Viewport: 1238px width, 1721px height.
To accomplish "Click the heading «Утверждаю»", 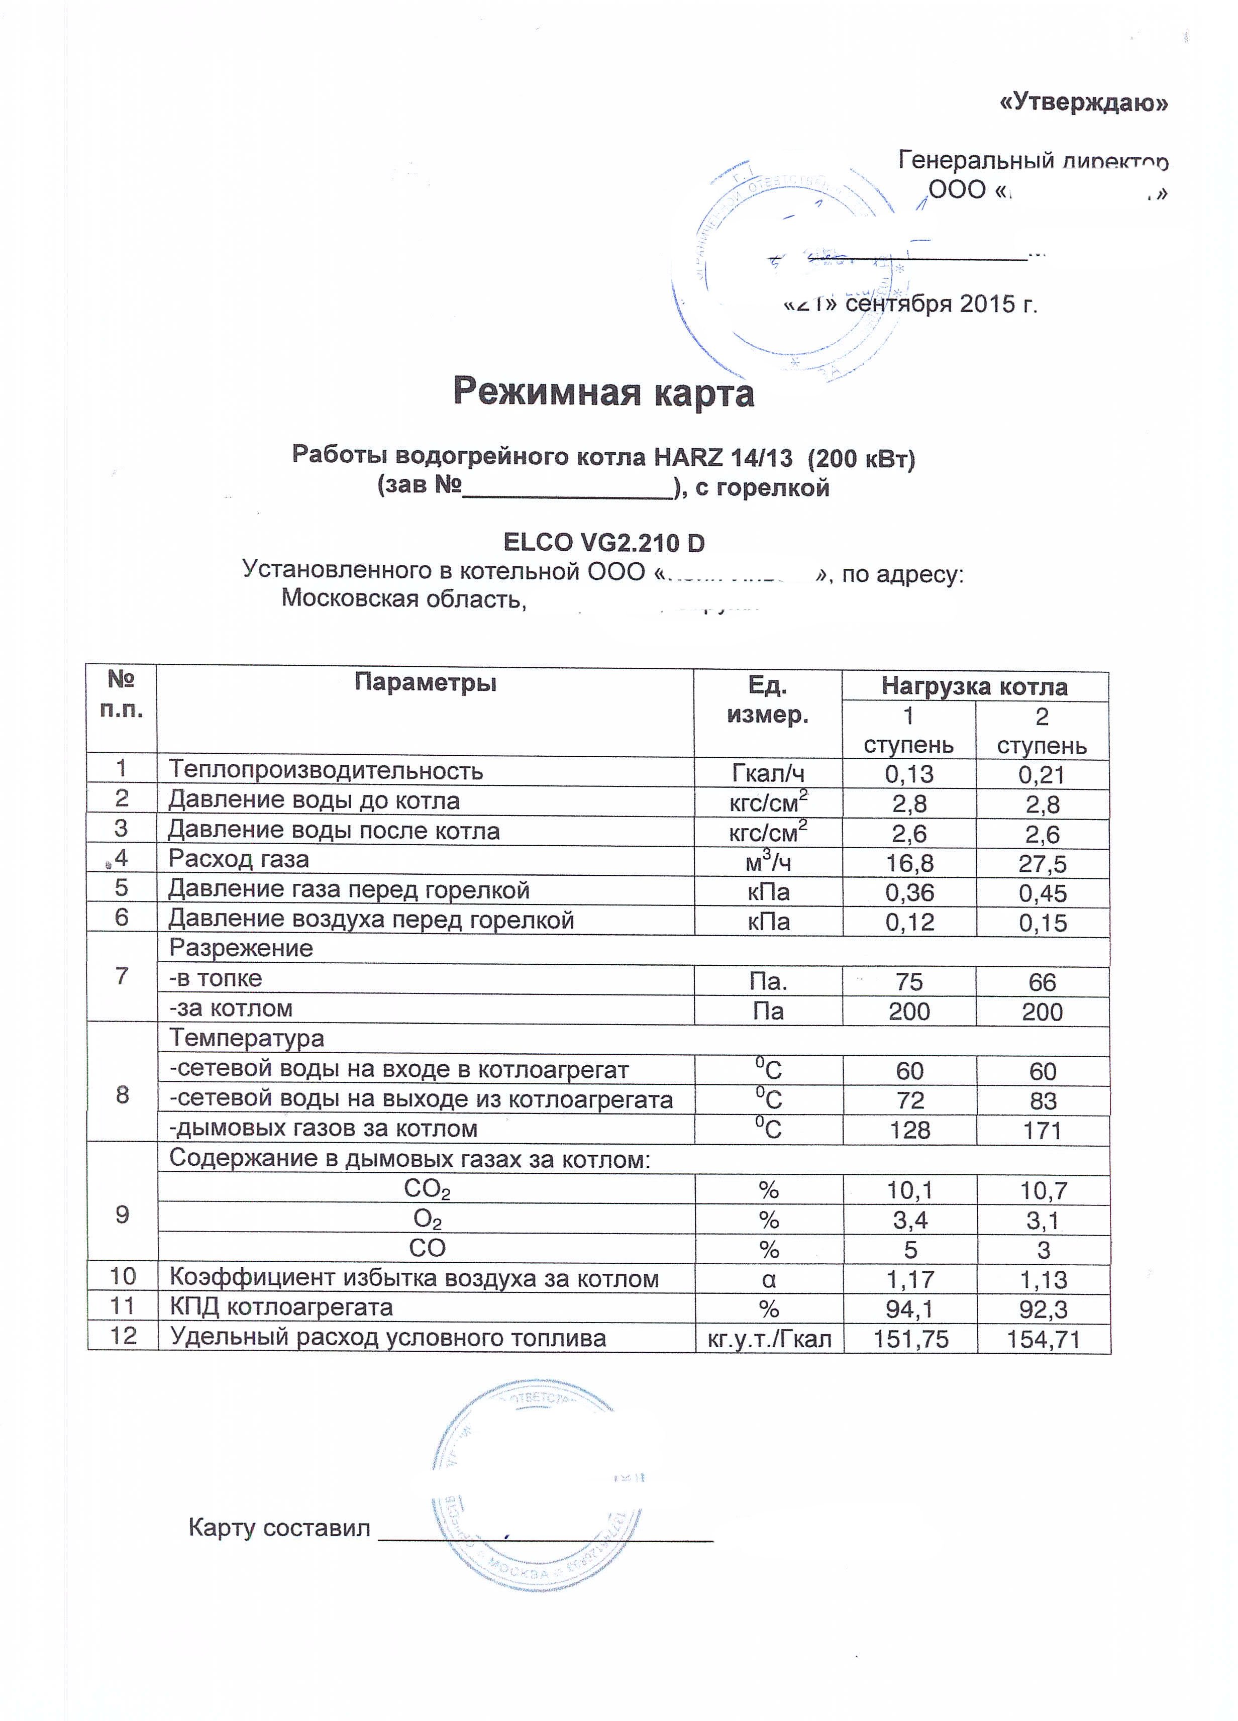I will point(1083,103).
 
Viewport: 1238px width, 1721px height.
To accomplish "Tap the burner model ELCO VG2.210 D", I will point(604,543).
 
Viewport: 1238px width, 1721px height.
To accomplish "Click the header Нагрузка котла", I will point(974,687).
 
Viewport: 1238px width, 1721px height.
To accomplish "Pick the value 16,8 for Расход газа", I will point(909,863).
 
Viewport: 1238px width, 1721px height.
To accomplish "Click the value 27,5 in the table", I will point(1042,864).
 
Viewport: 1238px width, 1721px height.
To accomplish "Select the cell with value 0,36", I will point(909,892).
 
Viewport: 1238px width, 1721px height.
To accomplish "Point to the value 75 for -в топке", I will point(909,982).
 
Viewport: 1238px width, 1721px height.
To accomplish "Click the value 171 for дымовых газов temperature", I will point(1042,1131).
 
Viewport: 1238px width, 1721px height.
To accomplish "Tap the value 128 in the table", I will point(909,1130).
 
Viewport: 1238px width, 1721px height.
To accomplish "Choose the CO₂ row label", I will point(427,1189).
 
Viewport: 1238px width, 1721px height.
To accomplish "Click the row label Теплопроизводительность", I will point(326,770).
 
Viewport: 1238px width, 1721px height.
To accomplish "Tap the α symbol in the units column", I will point(768,1279).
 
